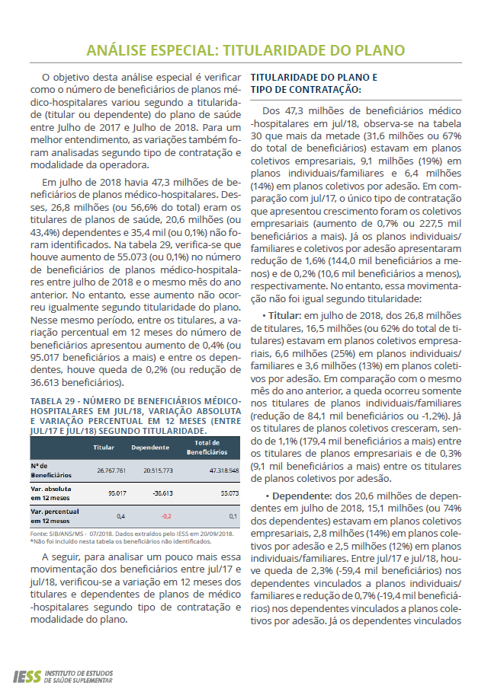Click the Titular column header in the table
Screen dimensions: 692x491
104,447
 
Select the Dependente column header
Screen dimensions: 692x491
149,447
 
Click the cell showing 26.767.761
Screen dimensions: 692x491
111,470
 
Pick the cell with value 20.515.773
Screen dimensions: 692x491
159,470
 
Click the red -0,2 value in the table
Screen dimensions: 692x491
165,516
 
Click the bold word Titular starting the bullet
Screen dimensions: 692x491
284,314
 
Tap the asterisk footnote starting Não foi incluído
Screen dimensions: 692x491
114,541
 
